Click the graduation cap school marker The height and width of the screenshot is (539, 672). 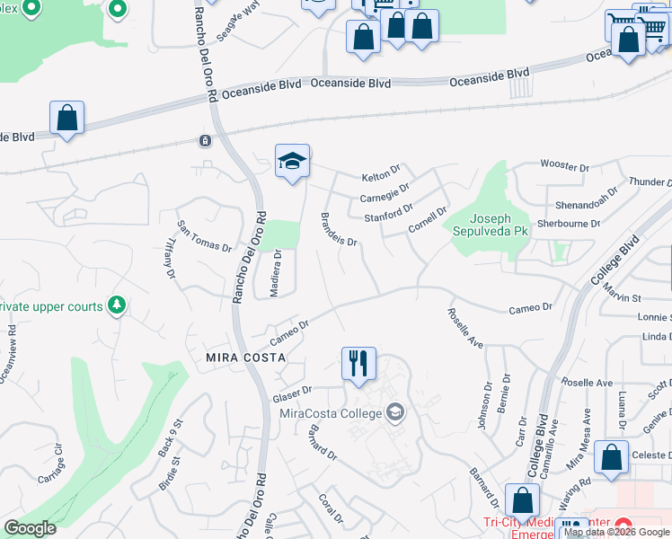(292, 162)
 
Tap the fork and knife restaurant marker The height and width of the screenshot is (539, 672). (358, 364)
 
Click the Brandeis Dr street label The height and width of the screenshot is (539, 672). (340, 230)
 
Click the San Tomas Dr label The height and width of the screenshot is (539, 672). (204, 236)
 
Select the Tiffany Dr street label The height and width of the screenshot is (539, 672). (168, 258)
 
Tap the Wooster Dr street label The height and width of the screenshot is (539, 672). (564, 165)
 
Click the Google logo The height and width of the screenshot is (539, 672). (31, 528)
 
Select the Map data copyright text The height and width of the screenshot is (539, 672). (616, 532)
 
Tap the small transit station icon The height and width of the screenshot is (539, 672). (206, 141)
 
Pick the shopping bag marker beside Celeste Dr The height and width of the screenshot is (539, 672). (612, 457)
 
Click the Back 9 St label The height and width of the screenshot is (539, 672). (171, 437)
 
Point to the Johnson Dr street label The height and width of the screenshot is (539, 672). (486, 407)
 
